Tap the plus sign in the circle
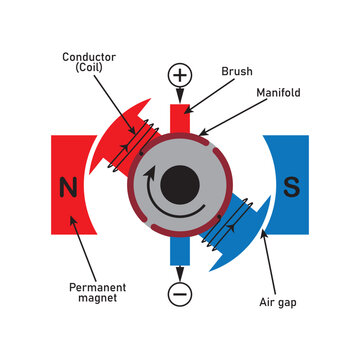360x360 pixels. pyautogui.click(x=180, y=76)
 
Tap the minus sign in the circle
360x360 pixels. pyautogui.click(x=180, y=295)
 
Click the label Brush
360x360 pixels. pyautogui.click(x=237, y=73)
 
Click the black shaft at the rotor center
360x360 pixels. pyautogui.click(x=180, y=184)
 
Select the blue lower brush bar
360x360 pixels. pyautogui.click(x=180, y=250)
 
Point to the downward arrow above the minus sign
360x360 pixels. pyautogui.click(x=180, y=269)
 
